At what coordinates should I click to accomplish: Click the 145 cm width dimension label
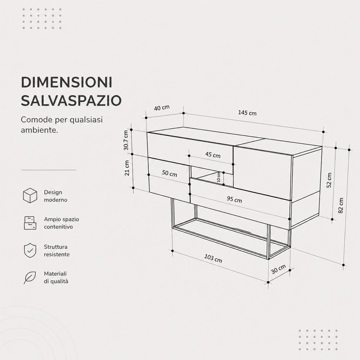(x=247, y=113)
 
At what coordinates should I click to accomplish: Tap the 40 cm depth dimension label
(x=161, y=108)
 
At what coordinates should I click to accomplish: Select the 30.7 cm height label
(x=126, y=140)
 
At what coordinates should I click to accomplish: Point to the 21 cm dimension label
(x=127, y=168)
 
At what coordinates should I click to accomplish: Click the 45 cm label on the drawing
(x=213, y=155)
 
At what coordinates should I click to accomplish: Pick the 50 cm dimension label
(x=169, y=173)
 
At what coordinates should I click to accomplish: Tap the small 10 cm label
(x=219, y=177)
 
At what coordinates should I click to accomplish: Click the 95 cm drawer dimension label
(x=234, y=199)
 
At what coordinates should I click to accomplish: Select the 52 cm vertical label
(x=329, y=180)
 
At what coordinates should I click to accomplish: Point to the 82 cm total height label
(x=341, y=205)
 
